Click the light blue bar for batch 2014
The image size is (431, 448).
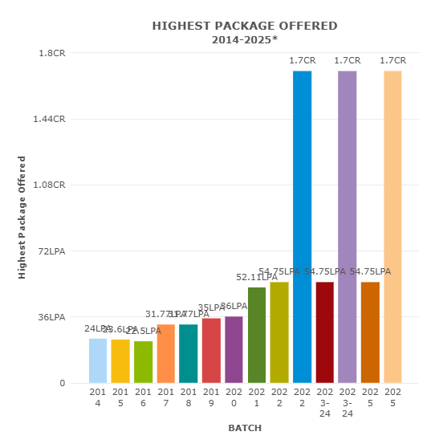[98, 360]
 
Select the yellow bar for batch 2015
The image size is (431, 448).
[120, 361]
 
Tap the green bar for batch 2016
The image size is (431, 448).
[143, 362]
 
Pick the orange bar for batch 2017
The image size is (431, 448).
[165, 353]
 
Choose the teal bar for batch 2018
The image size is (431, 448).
[189, 353]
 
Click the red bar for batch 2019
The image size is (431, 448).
[211, 351]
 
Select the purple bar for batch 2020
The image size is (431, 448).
[234, 350]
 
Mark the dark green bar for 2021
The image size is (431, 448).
[257, 335]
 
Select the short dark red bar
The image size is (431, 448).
[324, 332]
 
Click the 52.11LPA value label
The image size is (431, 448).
[257, 277]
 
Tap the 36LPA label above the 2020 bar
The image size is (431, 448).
[234, 307]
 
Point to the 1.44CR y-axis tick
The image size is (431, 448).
[52, 119]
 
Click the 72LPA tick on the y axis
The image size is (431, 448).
[52, 251]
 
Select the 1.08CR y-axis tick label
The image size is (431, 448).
[52, 185]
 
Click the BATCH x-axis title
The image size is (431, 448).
[245, 428]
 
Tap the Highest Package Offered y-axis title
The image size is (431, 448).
[22, 218]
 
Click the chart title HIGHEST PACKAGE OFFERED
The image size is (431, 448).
[245, 26]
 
